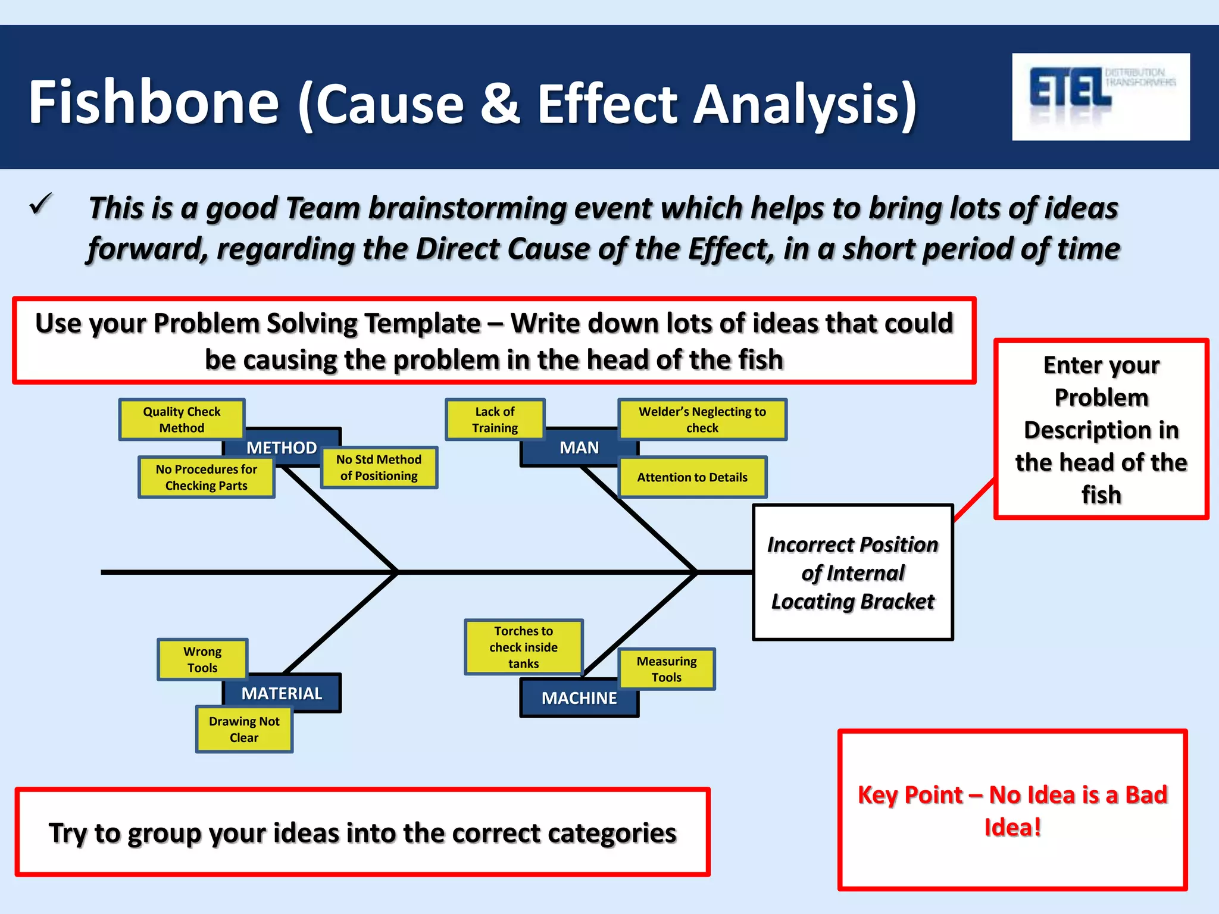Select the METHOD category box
[282, 447]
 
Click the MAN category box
[579, 447]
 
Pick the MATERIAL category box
[282, 693]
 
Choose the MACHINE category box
[579, 699]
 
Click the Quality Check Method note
[182, 420]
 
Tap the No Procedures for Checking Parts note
[206, 477]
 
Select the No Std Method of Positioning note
[379, 468]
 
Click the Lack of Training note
[495, 420]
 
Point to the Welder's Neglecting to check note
[702, 420]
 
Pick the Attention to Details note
[692, 477]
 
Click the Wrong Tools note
[202, 659]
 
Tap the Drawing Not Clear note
[244, 730]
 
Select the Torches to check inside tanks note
[523, 647]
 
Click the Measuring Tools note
[666, 669]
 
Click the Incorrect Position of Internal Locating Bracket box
[852, 572]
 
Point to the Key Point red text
[1012, 810]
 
